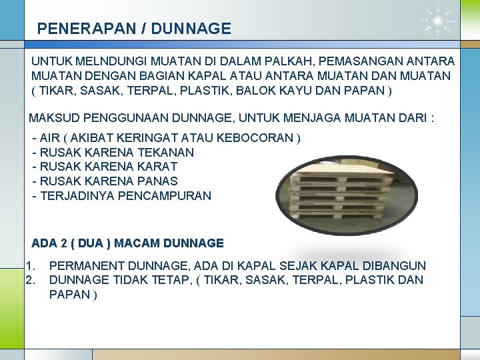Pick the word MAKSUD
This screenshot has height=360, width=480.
point(53,119)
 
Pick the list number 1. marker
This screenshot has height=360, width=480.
point(31,265)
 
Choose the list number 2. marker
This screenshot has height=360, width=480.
point(31,280)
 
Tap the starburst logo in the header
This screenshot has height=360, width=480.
point(438,22)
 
